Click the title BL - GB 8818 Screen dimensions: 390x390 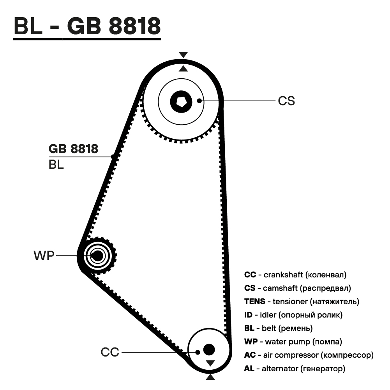click(87, 26)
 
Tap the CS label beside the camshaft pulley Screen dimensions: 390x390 click(286, 101)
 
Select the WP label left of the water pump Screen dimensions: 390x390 click(44, 256)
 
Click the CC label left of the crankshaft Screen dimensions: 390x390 click(109, 352)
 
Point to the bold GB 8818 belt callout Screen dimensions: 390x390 click(73, 149)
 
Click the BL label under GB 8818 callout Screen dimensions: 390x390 click(56, 165)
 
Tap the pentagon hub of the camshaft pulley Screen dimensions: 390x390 click(181, 101)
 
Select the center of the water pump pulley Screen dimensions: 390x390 click(97, 256)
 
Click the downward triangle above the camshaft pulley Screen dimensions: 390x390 click(183, 55)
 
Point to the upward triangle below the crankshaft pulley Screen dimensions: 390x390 click(210, 377)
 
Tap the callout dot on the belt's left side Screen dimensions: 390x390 click(113, 156)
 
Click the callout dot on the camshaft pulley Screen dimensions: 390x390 click(199, 101)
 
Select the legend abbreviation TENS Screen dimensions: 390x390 click(255, 302)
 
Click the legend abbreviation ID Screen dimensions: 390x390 click(248, 315)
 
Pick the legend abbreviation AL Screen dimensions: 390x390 click(249, 368)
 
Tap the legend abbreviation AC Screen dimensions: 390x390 click(250, 355)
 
